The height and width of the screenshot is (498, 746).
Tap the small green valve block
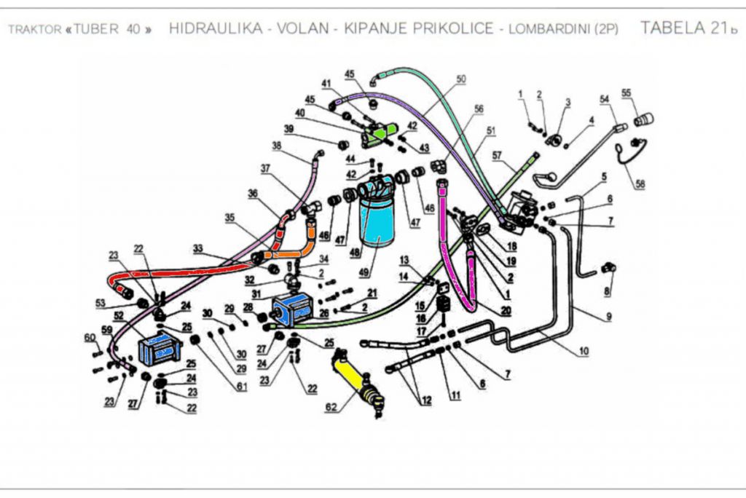point(382,134)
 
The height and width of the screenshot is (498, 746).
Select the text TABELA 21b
point(684,28)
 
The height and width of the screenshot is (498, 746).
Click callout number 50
point(460,79)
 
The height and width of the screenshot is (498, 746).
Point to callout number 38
point(277,146)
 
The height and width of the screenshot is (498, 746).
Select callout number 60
point(90,336)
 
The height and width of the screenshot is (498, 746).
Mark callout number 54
point(604,98)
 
